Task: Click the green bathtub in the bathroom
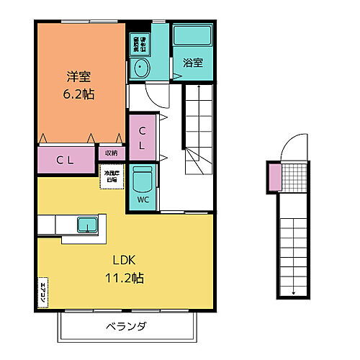[x=192, y=38]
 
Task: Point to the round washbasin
[x=140, y=69]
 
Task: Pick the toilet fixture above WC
[x=143, y=180]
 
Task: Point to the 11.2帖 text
[x=123, y=277]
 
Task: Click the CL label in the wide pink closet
[x=65, y=159]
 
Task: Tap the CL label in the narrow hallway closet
[x=143, y=138]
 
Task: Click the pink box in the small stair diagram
[x=274, y=176]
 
